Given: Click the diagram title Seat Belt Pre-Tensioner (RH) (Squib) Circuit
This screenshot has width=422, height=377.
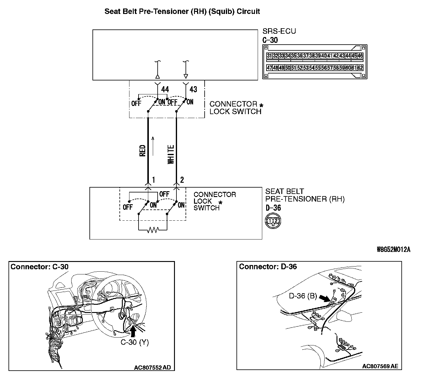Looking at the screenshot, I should point(182,12).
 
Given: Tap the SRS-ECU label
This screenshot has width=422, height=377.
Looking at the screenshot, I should point(279,31).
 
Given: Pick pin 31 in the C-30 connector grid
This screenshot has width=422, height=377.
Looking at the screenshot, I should point(269,56).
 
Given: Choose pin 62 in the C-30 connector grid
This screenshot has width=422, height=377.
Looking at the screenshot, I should point(360,68).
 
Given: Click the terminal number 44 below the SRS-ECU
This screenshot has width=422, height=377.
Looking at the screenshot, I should point(165,89).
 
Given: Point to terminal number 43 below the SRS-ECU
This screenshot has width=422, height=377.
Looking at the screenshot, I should point(193,89).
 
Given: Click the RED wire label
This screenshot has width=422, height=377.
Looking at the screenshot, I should point(142,151).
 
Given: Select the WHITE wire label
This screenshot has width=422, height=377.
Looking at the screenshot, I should point(171,155).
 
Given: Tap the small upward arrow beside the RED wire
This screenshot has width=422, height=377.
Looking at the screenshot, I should point(153,146).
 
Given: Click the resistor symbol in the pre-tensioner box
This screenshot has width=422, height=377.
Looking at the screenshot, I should point(152,230).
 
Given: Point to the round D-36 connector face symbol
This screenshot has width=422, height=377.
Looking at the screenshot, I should point(273,221).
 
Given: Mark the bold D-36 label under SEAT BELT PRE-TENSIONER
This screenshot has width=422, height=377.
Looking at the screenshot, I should point(273,208).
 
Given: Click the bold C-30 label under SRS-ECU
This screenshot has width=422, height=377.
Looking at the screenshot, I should point(270,40).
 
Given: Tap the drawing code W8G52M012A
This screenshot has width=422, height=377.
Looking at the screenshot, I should point(393,250).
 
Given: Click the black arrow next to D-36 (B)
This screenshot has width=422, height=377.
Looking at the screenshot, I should point(325,298).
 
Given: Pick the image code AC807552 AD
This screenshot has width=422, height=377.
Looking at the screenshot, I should point(152,368).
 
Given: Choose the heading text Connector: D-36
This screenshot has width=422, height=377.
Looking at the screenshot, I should point(268,267).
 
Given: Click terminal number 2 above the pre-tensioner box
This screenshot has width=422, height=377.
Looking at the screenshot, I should point(182,180).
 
